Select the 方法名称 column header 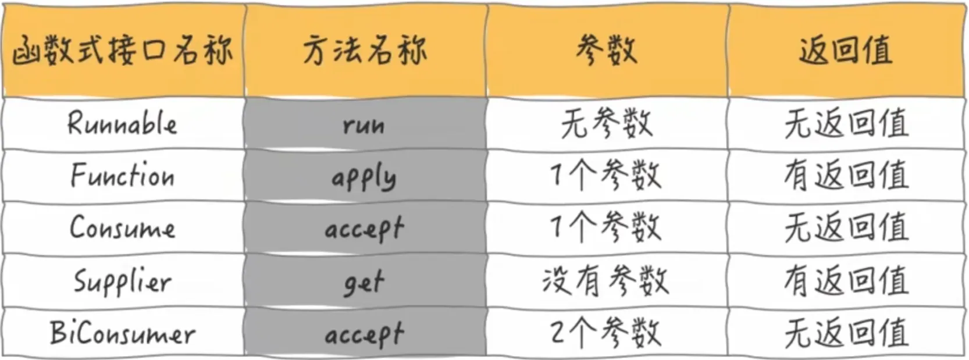(365, 51)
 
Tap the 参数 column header (607, 51)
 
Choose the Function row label (123, 175)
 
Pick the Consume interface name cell (123, 227)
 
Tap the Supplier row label (123, 281)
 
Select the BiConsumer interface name (123, 333)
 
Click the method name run (364, 126)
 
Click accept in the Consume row (364, 229)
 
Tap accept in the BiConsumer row (364, 334)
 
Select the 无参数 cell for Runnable (607, 124)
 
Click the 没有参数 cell (605, 281)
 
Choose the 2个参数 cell (605, 333)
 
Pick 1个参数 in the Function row (605, 176)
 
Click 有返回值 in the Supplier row (846, 281)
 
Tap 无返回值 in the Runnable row (846, 124)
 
